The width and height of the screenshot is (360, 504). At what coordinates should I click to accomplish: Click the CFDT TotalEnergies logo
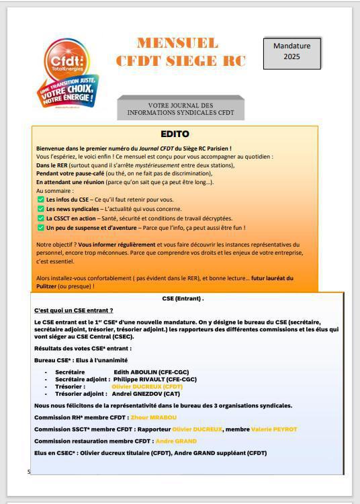coord(70,73)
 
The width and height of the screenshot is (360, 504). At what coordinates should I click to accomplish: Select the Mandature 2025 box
coord(291,52)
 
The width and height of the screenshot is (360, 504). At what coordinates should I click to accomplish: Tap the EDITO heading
coord(175,134)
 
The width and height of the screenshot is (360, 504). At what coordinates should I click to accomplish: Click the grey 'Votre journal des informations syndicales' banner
coord(181,109)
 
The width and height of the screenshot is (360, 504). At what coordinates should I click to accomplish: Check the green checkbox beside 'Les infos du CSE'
coord(40,200)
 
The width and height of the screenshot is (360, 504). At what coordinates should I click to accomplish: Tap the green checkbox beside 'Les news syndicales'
coord(40,209)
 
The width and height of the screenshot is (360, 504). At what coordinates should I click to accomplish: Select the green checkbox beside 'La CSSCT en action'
coord(40,218)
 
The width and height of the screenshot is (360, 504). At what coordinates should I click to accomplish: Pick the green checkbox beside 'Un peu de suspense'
coord(40,228)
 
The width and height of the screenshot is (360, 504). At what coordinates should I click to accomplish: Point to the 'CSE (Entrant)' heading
coord(183,298)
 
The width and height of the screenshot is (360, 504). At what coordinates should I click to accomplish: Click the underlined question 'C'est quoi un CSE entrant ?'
coord(74,310)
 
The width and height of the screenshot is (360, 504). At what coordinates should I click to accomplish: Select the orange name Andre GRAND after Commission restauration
coord(176,441)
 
